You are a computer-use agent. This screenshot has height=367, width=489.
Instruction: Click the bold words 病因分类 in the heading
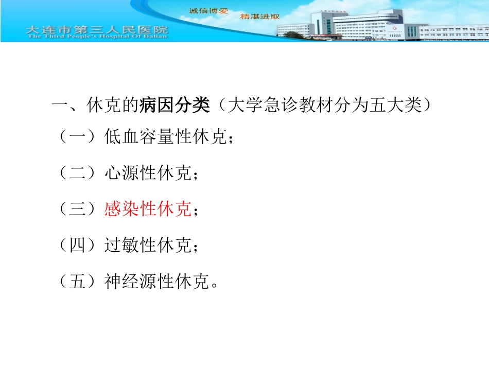(x=175, y=107)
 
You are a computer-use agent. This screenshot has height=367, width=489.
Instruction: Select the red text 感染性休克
(x=148, y=209)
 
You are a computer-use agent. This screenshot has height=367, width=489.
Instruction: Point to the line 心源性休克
(x=148, y=173)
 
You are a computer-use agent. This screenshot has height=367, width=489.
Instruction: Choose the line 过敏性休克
(x=148, y=246)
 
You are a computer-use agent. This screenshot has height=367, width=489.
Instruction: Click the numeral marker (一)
(x=77, y=137)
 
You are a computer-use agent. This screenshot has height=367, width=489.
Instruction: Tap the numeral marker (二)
(x=77, y=173)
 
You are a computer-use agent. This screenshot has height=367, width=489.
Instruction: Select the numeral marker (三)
(x=77, y=209)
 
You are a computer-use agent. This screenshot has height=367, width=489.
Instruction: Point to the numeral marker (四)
(x=77, y=246)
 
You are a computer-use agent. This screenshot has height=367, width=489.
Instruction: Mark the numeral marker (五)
(x=77, y=282)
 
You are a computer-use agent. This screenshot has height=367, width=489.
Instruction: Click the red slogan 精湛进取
(x=260, y=16)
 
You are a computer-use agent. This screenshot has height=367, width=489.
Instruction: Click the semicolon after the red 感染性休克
(x=195, y=211)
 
